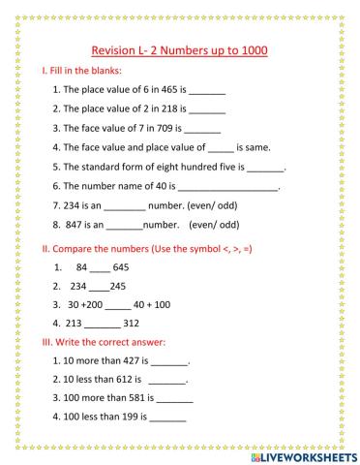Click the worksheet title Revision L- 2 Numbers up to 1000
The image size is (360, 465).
pyautogui.click(x=180, y=50)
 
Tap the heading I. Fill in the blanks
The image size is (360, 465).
pyautogui.click(x=80, y=72)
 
